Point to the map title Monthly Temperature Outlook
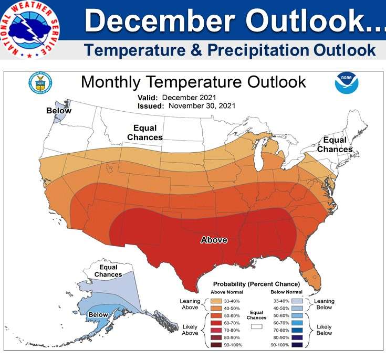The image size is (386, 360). (x=193, y=82)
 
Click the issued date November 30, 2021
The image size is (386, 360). (x=202, y=105)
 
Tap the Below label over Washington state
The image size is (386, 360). (x=59, y=111)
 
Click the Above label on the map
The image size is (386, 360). (x=214, y=240)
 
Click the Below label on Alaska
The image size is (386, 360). (x=98, y=315)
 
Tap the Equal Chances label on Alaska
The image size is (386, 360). (x=108, y=271)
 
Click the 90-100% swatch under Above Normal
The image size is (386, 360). (x=217, y=346)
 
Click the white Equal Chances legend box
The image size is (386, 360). (x=257, y=326)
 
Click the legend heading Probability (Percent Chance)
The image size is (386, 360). (x=256, y=284)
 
